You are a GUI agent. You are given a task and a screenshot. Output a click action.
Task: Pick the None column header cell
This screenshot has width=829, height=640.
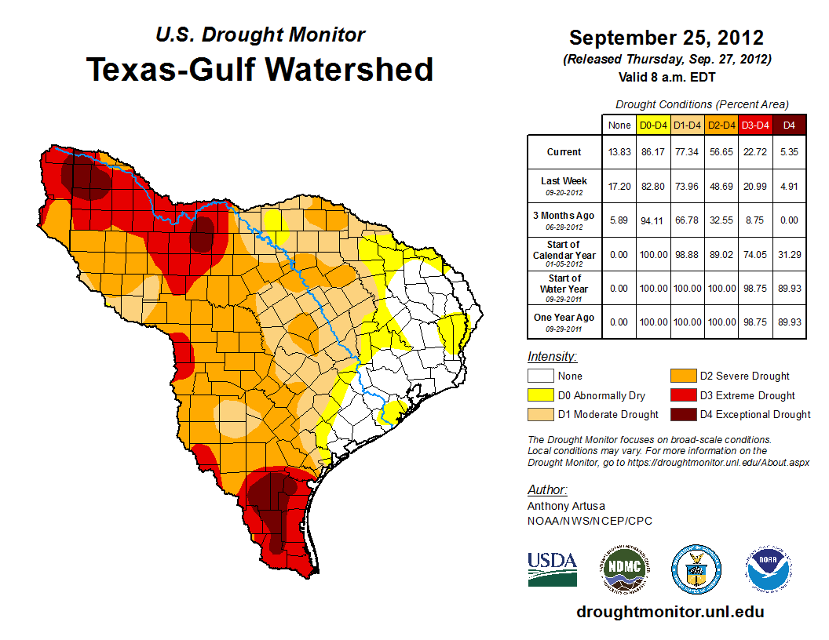point(619,125)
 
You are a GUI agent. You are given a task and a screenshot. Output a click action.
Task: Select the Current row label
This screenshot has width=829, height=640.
point(564,152)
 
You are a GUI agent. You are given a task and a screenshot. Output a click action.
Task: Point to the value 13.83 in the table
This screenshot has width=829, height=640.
point(619,152)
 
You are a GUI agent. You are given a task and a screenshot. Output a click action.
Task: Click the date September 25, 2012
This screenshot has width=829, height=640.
point(666,38)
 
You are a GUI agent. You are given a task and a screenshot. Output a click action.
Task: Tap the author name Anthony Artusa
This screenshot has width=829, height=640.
point(565,506)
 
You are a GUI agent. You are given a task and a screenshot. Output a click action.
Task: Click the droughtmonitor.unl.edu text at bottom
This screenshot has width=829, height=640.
point(670,612)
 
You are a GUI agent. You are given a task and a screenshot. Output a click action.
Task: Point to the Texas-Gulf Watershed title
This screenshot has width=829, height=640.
point(260,69)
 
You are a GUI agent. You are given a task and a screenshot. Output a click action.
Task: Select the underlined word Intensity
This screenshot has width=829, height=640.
point(552,357)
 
